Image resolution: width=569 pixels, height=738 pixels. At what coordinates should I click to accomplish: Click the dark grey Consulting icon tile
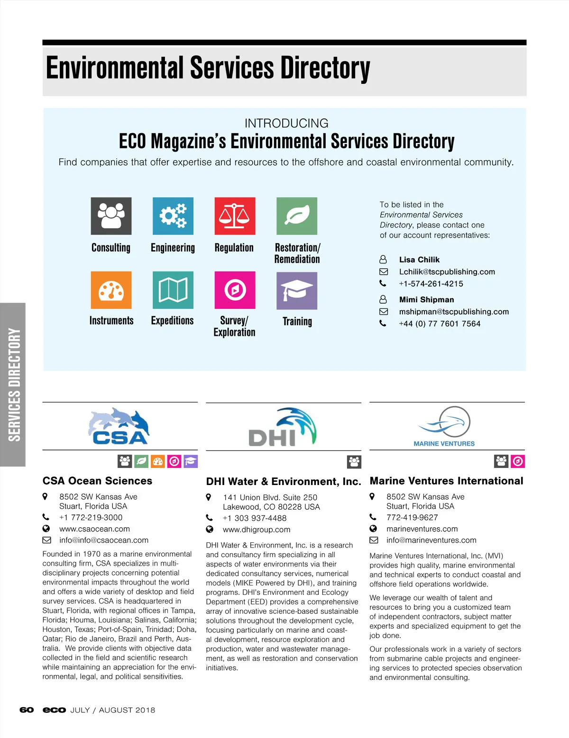coord(111,216)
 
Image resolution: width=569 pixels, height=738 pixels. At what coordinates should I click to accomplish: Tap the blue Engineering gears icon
coord(173,216)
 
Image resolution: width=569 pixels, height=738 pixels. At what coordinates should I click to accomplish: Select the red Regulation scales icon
coord(235,216)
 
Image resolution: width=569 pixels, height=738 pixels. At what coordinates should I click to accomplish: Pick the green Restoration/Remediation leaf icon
coord(297,216)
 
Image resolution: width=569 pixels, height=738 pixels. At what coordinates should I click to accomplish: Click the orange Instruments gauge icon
coord(111,290)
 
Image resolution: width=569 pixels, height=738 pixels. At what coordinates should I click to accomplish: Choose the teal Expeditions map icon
coord(173,290)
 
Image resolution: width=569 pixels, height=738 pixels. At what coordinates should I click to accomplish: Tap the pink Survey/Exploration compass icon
coord(235,290)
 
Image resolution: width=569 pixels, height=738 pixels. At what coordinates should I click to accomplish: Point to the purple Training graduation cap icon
coord(297,290)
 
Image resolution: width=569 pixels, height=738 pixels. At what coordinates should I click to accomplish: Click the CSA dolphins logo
coord(119,426)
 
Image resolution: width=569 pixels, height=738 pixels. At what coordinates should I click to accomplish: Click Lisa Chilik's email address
coord(447,272)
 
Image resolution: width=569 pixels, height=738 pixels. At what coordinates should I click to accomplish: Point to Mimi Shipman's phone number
coord(440,324)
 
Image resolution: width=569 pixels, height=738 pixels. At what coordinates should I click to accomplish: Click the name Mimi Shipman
coord(426,299)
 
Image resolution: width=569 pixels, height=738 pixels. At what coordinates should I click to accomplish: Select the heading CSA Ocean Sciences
coord(97,481)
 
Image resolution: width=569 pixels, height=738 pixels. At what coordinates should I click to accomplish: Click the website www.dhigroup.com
coord(256,530)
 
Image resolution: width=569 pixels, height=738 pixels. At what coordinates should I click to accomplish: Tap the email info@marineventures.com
coord(431,540)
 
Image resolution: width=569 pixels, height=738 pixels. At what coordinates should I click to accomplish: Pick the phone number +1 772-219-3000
coord(91,517)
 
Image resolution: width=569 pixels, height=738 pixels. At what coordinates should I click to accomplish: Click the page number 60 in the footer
coord(27,710)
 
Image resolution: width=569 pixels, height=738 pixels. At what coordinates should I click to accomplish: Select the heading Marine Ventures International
coord(446,481)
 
